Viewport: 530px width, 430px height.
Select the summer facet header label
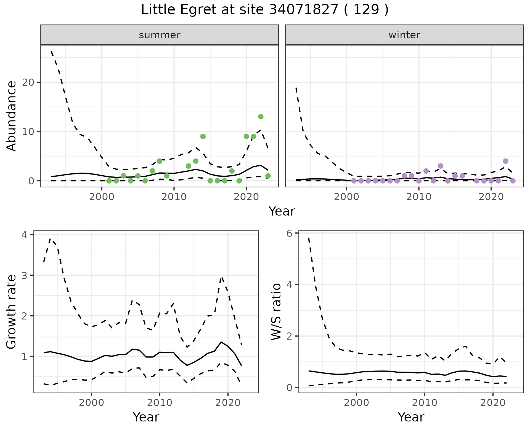[160, 35]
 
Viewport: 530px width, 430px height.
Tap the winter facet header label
[404, 35]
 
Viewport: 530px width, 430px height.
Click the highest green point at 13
[261, 117]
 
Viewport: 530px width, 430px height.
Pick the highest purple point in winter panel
[505, 161]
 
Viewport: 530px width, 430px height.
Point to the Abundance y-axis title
[12, 116]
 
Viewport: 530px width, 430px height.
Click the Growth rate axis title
[12, 312]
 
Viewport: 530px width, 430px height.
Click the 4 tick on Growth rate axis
[25, 235]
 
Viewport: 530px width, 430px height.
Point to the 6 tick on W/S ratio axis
[290, 233]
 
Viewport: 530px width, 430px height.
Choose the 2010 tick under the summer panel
[174, 197]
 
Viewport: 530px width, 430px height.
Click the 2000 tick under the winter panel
[346, 197]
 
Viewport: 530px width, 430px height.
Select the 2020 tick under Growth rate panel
[227, 403]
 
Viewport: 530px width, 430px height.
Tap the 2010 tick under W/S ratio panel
[425, 403]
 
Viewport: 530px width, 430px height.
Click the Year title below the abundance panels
[282, 211]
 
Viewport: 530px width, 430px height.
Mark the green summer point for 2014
[203, 136]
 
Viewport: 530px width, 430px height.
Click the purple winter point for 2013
[440, 166]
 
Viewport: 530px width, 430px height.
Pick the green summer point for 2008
[160, 161]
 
